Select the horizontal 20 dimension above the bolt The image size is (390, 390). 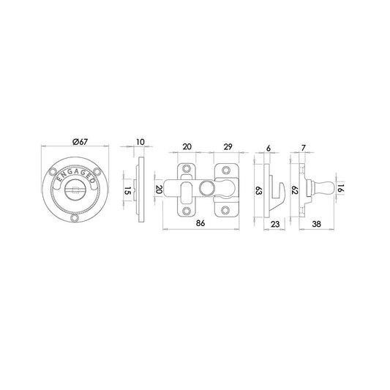click(x=187, y=146)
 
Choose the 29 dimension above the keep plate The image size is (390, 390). click(x=228, y=146)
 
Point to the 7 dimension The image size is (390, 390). click(x=302, y=146)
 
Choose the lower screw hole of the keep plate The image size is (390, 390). click(x=227, y=211)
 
